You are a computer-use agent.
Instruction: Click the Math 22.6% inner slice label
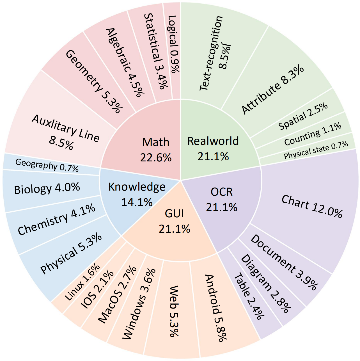tap(156, 150)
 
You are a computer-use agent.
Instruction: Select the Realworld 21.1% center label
tap(213, 148)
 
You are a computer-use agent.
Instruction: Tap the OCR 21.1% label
tap(222, 200)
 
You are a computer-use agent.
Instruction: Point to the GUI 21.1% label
tap(175, 221)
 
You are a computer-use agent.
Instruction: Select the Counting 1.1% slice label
tap(313, 134)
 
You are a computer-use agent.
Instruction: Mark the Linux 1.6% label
tap(82, 282)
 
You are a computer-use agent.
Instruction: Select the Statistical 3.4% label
tap(156, 51)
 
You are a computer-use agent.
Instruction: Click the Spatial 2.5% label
tap(303, 116)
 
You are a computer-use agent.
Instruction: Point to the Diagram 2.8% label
tap(265, 284)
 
